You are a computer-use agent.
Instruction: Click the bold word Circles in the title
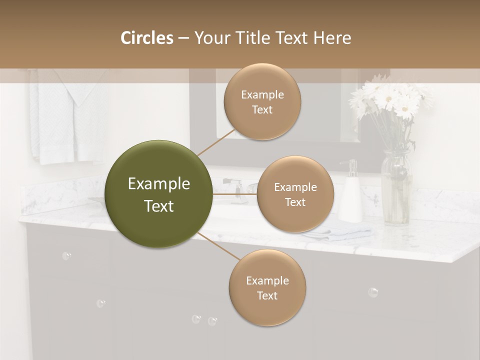point(147,38)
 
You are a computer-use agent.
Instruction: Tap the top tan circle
point(262,102)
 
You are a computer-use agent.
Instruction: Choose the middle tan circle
point(295,194)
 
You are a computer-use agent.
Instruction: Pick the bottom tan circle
point(267,288)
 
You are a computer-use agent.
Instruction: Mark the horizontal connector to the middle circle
point(235,194)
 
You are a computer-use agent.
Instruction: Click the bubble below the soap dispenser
point(373,292)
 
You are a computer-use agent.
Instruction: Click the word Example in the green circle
point(159,184)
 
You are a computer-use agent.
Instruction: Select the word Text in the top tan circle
point(262,109)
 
